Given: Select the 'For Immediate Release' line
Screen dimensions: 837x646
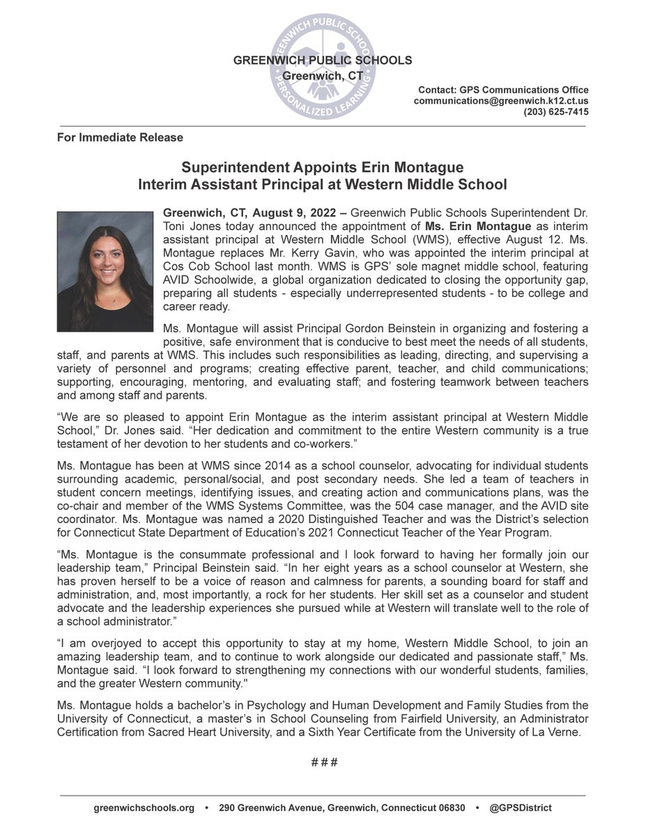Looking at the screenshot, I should [120, 137].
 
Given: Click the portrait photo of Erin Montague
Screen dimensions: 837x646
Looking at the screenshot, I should [105, 271].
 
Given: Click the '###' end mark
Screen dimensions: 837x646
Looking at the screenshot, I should [323, 762].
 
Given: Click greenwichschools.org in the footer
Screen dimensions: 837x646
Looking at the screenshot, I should [144, 808].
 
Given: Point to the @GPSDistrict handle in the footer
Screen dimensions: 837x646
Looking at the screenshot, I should [521, 808].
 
